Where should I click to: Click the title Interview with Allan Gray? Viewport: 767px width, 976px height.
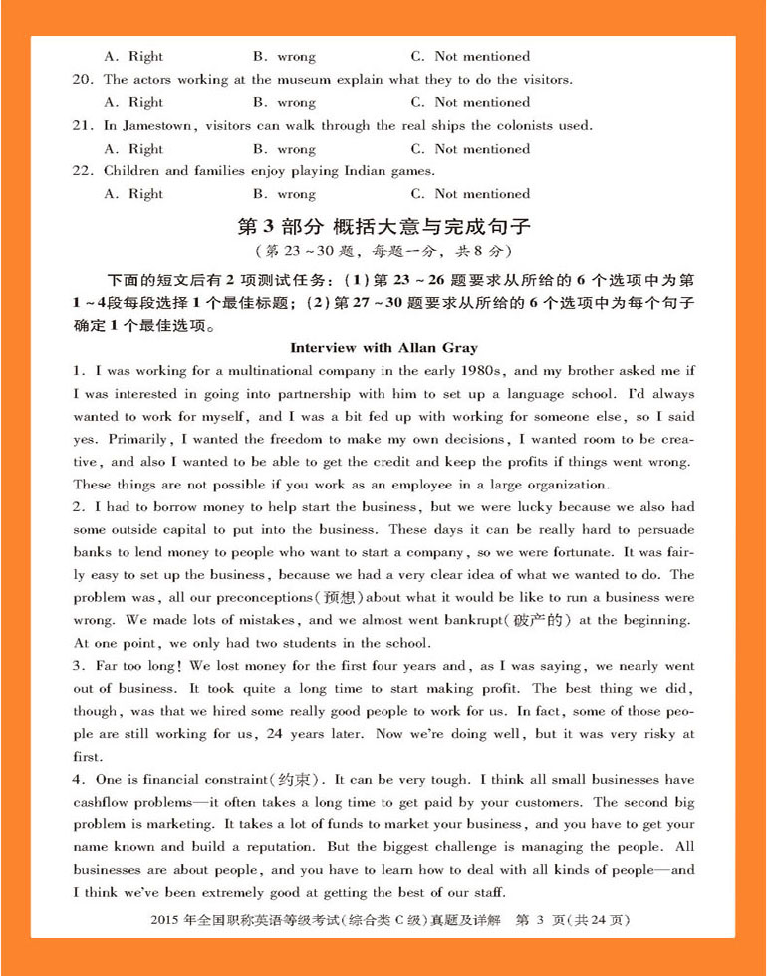(x=383, y=348)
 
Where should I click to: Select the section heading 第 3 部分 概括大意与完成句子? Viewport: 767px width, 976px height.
(x=383, y=226)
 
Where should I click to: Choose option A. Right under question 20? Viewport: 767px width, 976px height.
(x=133, y=103)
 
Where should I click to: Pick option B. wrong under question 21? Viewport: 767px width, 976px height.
(x=284, y=149)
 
